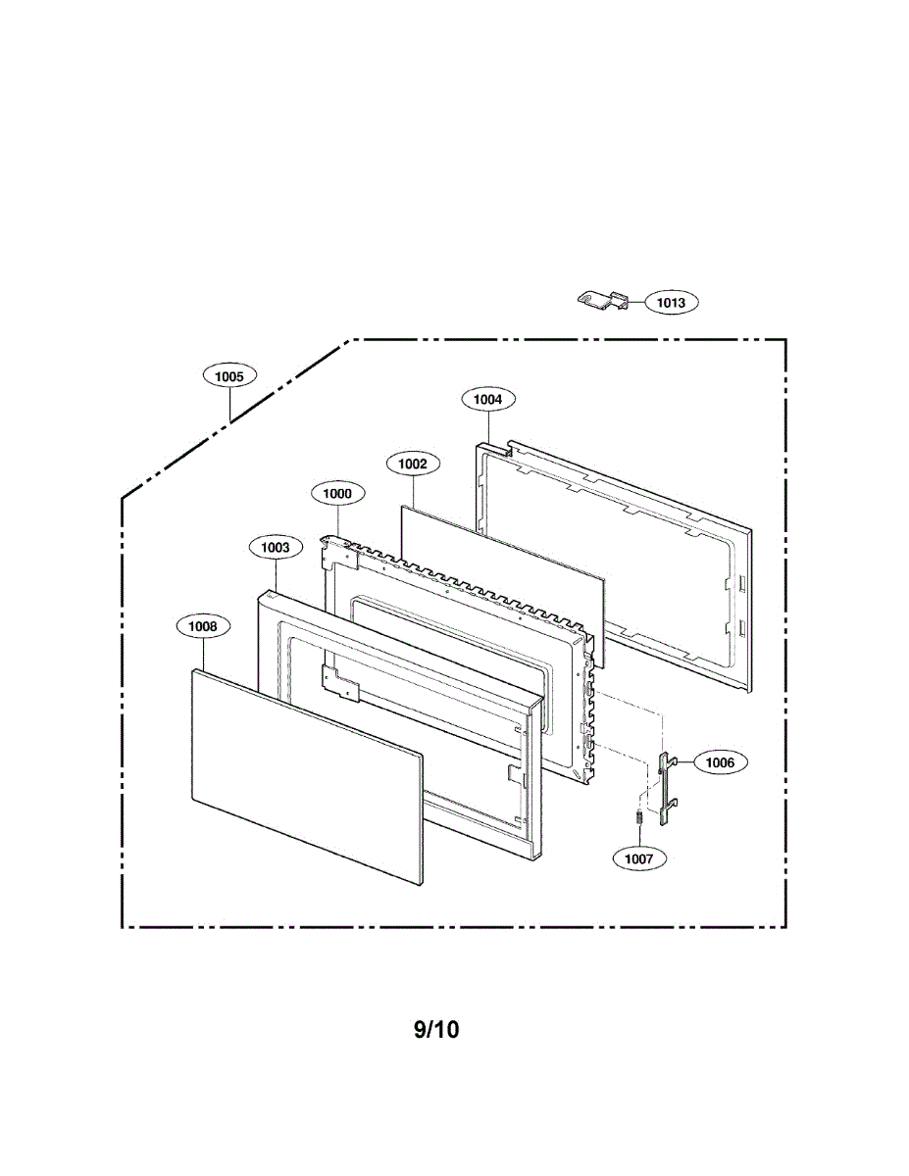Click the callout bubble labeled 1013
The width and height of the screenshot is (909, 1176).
[x=671, y=303]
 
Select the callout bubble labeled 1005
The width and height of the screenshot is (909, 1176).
[x=230, y=374]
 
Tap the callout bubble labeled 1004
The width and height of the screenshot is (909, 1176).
[x=487, y=399]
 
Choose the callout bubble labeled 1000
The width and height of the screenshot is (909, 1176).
[x=337, y=494]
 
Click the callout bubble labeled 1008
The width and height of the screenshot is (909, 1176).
[x=203, y=625]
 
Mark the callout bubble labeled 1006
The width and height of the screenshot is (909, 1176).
[x=720, y=761]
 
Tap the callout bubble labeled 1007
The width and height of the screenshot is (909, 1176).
[x=638, y=857]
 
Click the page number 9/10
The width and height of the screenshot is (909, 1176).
[x=436, y=1029]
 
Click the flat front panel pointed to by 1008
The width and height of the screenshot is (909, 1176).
[x=304, y=774]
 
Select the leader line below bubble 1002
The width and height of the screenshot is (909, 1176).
[x=413, y=490]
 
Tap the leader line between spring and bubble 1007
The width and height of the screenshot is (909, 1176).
[x=638, y=835]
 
